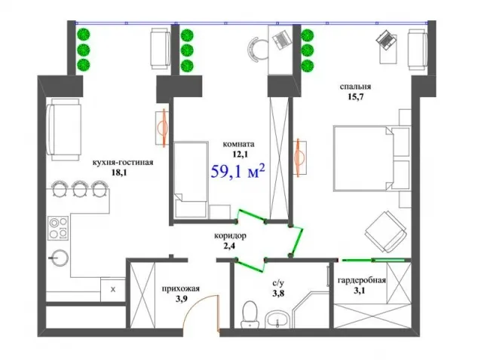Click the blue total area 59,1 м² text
237,172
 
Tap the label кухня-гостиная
123,163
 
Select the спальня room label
355,87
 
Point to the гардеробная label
362,280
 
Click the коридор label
230,236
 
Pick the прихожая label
181,288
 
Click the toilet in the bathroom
250,314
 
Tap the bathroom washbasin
277,319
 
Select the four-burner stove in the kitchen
57,227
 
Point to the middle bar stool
80,188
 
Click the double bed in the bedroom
372,158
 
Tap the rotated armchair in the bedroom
386,232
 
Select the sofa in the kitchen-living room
64,130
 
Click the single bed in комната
191,180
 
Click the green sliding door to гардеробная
373,260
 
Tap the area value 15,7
356,97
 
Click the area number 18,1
119,172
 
